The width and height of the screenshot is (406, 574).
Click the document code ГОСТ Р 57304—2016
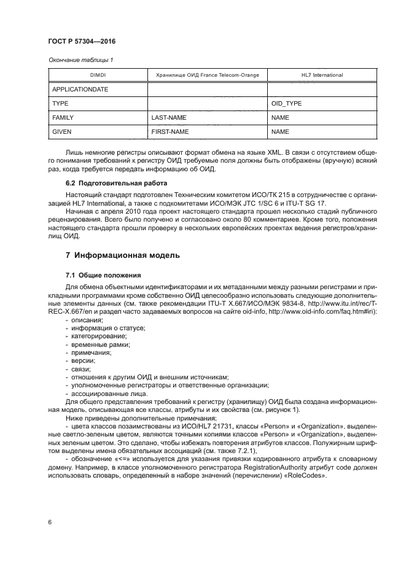[x=82, y=41]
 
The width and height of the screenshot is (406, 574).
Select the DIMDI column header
[x=98, y=75]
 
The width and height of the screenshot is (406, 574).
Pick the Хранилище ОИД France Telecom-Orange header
[x=208, y=75]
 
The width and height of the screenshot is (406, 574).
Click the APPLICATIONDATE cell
[x=80, y=89]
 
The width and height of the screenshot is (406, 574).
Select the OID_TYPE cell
[x=286, y=103]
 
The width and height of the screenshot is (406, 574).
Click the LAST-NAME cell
[x=168, y=117]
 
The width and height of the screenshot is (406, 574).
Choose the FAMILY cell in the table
[x=64, y=117]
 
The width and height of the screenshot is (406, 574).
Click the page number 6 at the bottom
[x=49, y=522]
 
